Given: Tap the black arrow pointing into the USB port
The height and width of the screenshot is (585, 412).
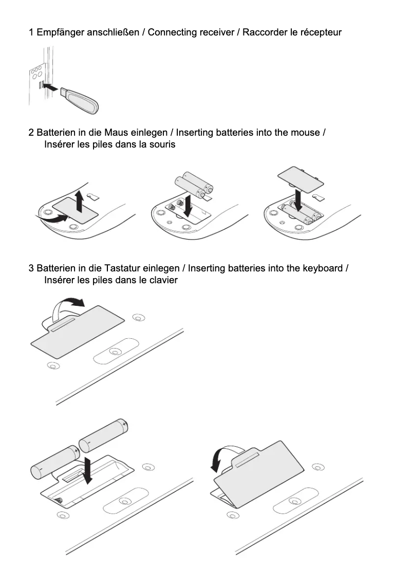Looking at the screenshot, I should pyautogui.click(x=50, y=87).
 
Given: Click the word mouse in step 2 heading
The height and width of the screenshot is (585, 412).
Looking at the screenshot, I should pyautogui.click(x=305, y=133).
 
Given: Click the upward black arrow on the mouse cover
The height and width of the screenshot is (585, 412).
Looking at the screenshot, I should pyautogui.click(x=79, y=200).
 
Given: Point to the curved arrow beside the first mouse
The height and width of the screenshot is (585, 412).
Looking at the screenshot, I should pyautogui.click(x=51, y=220).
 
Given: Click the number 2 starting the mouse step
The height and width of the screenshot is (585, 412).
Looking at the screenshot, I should pyautogui.click(x=31, y=133).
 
